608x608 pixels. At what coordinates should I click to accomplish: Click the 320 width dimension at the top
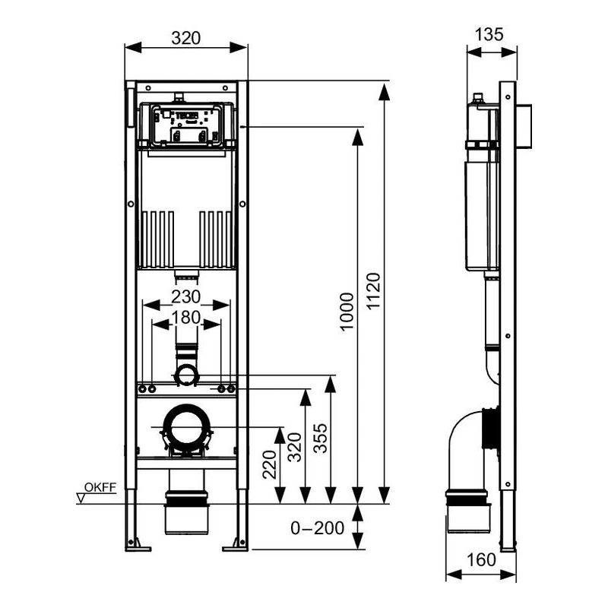[186, 36]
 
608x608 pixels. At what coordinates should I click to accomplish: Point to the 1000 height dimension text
[346, 312]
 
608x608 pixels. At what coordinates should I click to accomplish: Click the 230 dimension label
[187, 295]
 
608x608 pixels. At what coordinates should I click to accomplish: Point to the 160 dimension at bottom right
[480, 560]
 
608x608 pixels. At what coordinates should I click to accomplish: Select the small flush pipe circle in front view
[186, 375]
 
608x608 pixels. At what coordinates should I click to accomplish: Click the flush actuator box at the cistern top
[186, 125]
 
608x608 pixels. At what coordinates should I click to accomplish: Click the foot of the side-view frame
[508, 546]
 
